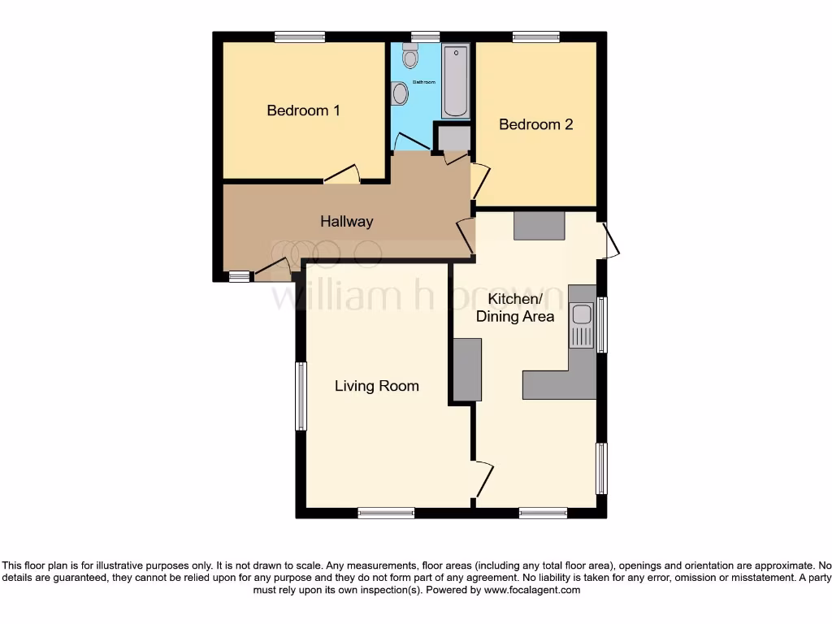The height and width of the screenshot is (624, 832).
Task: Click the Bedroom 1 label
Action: [303, 110]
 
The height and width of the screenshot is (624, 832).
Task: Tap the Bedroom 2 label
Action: [535, 124]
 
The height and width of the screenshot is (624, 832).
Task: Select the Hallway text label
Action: [346, 221]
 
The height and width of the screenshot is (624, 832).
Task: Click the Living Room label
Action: [377, 386]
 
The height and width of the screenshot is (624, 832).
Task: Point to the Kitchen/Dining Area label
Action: [515, 308]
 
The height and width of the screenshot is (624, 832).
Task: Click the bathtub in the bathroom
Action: [455, 81]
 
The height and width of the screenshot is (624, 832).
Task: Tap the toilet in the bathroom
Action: [410, 56]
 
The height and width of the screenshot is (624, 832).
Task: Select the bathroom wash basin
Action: [399, 94]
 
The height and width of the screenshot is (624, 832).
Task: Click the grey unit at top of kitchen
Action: [539, 225]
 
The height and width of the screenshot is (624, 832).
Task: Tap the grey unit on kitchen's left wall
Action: [467, 370]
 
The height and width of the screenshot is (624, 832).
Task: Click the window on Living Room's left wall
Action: [301, 396]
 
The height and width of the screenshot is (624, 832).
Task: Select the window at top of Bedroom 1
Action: [299, 37]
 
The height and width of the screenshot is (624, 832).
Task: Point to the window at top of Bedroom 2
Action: [535, 37]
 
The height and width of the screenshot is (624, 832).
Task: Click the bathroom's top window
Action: [425, 37]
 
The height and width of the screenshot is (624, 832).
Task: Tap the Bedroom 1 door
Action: [341, 174]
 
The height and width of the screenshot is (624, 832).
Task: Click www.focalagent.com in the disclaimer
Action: [531, 591]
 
